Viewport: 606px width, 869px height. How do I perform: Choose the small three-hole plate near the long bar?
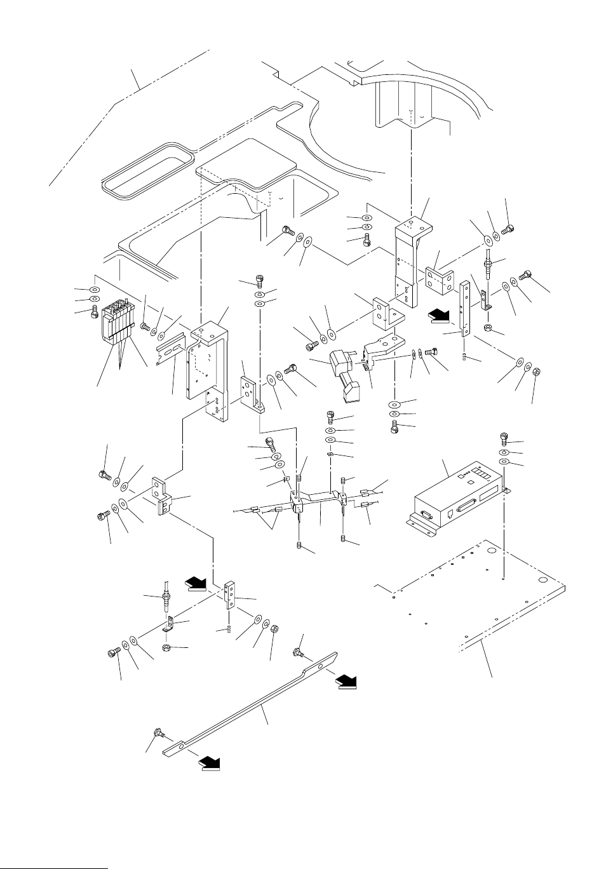(x=232, y=595)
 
